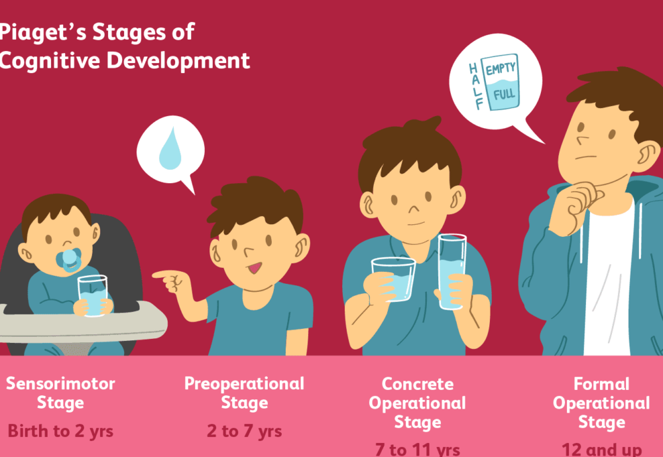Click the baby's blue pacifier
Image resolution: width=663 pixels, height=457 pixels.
pos(71,260)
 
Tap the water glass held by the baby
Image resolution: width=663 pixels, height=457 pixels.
pos(92,296)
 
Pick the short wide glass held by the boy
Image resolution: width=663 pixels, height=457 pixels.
pos(394,279)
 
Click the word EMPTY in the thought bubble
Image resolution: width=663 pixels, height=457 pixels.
pos(501,69)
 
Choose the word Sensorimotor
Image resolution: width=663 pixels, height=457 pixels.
pos(60,383)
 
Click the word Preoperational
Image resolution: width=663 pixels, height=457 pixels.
pos(244,383)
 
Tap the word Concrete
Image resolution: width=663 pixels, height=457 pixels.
pos(418,384)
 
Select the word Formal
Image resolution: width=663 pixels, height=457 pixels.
pos(602,384)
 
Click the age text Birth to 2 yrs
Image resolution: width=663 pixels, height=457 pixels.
pos(60,431)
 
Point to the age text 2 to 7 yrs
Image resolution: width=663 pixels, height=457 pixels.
pos(244,431)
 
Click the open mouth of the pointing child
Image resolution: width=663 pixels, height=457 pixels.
pos(255,268)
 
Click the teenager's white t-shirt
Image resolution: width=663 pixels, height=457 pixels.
pos(607,285)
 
